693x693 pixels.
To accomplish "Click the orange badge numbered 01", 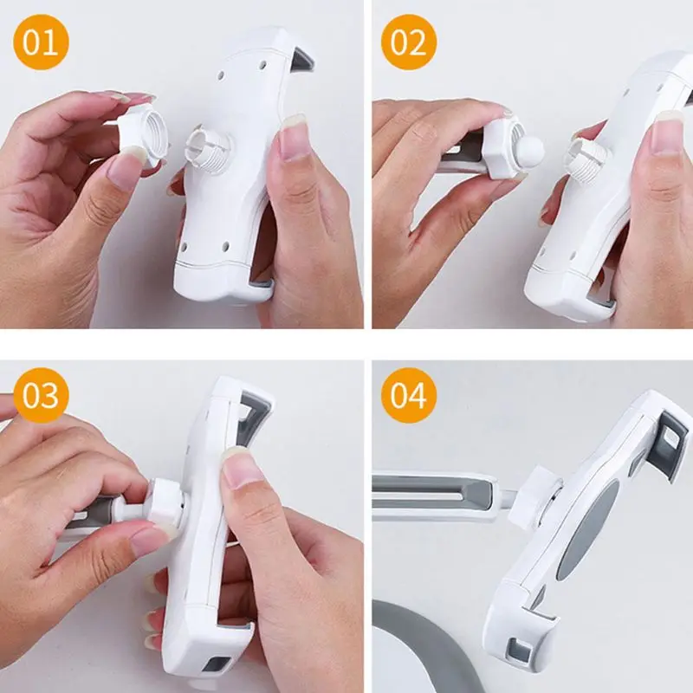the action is (x=41, y=42).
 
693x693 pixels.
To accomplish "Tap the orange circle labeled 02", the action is (x=409, y=42).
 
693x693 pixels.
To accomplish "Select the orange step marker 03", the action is (x=41, y=395).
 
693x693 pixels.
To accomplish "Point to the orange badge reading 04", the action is (x=409, y=395).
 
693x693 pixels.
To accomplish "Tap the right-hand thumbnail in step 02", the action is (x=666, y=132).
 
